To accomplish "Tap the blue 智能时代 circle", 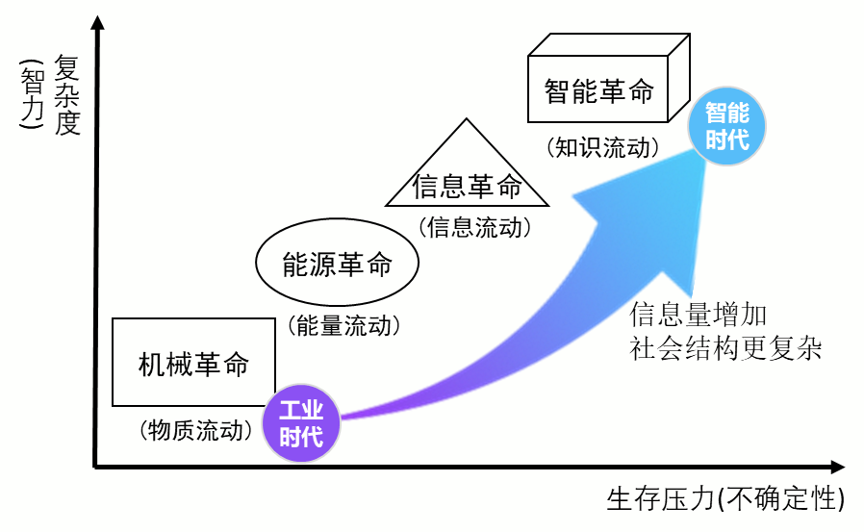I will [x=726, y=127].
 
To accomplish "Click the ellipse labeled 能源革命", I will [x=337, y=264].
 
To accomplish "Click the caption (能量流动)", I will [x=343, y=325].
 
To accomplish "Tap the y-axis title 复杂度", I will [x=66, y=95].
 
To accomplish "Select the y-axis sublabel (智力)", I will [x=31, y=95].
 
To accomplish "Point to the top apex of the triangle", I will [x=468, y=120].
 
